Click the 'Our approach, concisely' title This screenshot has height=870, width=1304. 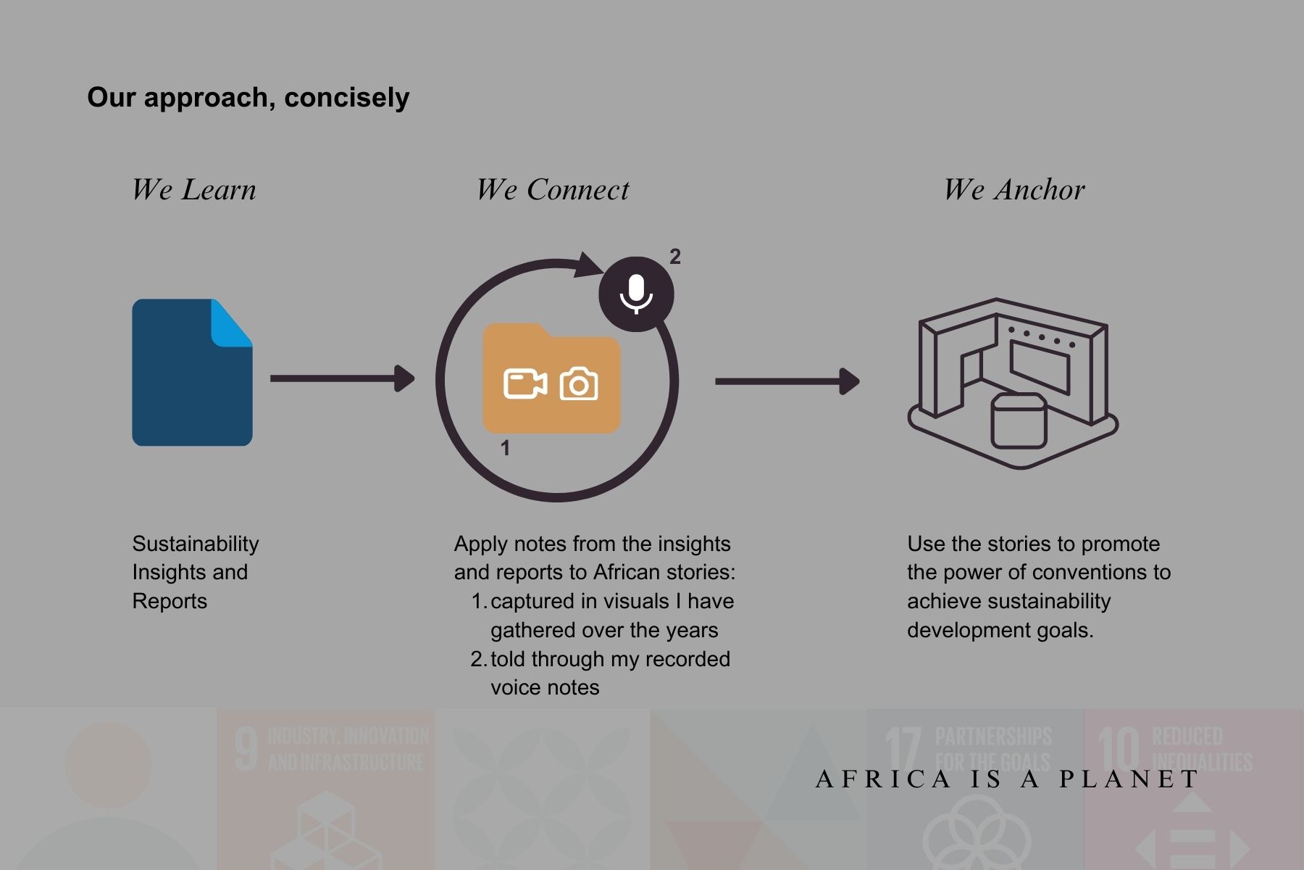click(x=248, y=97)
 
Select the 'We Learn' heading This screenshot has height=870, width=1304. click(x=193, y=190)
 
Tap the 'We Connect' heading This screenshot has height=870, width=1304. click(x=553, y=190)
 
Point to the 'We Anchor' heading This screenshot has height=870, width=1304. click(x=1013, y=190)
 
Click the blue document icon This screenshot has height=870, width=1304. click(x=185, y=384)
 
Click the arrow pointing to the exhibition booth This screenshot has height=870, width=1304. click(x=787, y=381)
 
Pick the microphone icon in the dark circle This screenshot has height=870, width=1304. click(x=636, y=294)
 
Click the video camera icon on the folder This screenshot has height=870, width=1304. click(x=525, y=384)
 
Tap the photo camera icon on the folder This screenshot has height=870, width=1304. click(x=579, y=384)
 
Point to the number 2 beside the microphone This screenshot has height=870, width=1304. click(x=675, y=257)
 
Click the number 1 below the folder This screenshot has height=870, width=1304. click(x=505, y=448)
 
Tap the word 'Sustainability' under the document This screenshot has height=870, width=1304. click(x=196, y=544)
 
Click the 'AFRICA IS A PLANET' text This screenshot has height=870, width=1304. click(x=1007, y=779)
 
